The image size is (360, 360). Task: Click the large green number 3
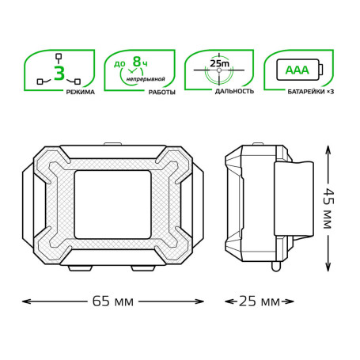click(x=59, y=74)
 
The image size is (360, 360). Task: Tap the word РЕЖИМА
click(x=80, y=92)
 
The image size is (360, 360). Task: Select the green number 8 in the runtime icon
click(x=137, y=62)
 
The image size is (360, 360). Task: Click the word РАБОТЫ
click(x=162, y=92)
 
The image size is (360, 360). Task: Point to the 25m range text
click(x=220, y=63)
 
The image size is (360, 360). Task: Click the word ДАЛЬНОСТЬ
click(x=234, y=91)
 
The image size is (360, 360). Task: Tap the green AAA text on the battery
click(x=297, y=70)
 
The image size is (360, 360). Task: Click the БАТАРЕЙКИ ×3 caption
click(x=311, y=92)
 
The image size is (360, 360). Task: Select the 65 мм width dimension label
click(x=113, y=301)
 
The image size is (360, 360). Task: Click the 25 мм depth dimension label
click(x=260, y=301)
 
